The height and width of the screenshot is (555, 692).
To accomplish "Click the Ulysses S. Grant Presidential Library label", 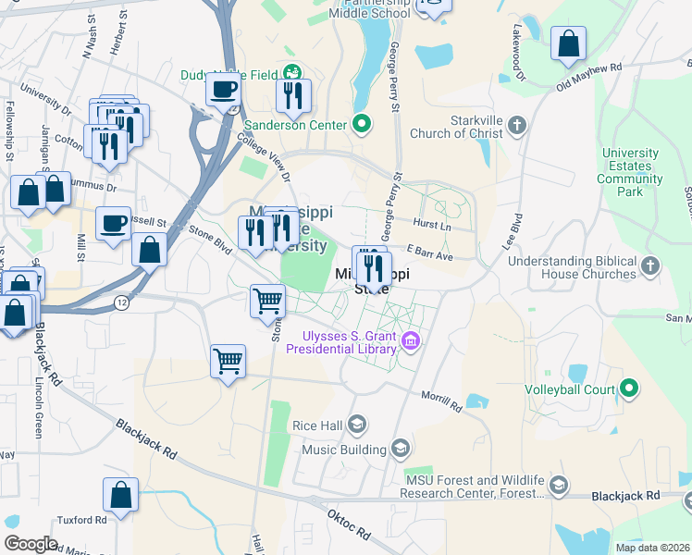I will tap(345, 341).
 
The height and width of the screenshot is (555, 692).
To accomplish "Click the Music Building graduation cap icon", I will tap(401, 450).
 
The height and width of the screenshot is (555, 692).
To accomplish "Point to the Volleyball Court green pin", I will tap(630, 388).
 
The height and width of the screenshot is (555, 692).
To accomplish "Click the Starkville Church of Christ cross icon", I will tap(517, 124).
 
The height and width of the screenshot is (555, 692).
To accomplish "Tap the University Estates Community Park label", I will tap(630, 172).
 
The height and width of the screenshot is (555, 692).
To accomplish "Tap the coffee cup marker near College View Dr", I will tap(223, 90).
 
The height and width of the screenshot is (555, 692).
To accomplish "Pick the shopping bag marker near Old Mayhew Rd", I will tap(568, 43).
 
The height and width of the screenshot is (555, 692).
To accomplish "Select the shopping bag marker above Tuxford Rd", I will tap(121, 495).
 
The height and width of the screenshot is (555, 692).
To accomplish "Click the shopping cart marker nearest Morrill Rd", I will tap(228, 362).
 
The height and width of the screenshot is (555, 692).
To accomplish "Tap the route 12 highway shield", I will tap(121, 302).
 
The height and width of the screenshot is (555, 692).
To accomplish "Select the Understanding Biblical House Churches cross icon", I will tap(650, 266).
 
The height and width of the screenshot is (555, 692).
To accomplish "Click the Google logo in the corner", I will tap(31, 544).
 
